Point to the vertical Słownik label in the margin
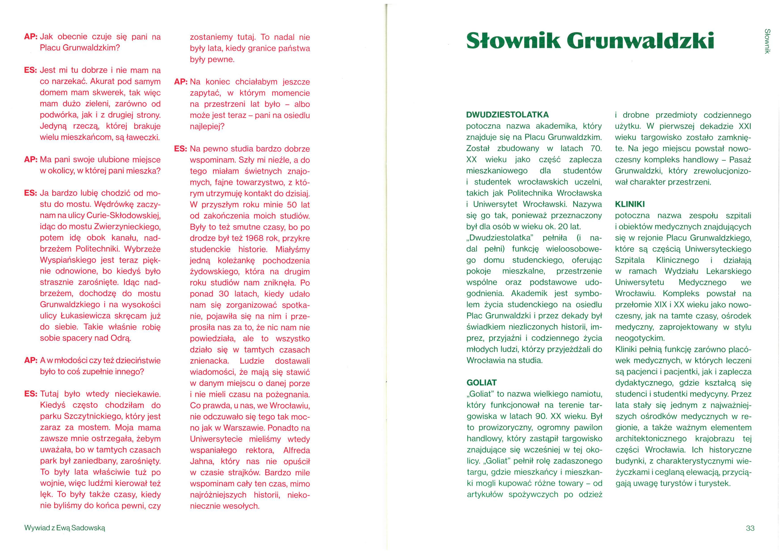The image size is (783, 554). (767, 41)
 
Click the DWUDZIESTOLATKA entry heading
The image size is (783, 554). (507, 115)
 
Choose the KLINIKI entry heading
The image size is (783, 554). (630, 204)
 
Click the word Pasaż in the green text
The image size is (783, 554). (740, 160)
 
